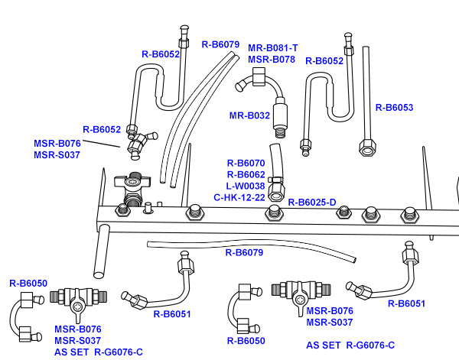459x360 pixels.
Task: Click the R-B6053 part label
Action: pos(394,108)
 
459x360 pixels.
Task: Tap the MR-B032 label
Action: pos(249,116)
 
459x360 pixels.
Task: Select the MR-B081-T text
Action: pos(272,48)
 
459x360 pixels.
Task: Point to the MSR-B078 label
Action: pos(272,59)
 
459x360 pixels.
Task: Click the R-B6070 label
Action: pos(246,163)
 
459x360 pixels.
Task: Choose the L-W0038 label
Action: pos(245,186)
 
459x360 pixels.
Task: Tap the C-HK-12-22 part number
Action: pos(239,197)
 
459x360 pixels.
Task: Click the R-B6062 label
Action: pos(246,174)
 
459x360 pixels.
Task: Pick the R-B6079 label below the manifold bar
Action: pos(244,252)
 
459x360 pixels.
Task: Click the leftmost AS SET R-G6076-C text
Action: pos(99,352)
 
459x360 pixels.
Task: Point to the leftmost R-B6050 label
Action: pos(28,284)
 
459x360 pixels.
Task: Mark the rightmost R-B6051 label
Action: pos(406,304)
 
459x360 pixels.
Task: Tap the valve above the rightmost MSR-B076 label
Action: pos(300,292)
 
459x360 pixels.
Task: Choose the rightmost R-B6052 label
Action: pos(324,61)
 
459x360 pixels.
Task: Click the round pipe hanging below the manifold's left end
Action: pos(99,252)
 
